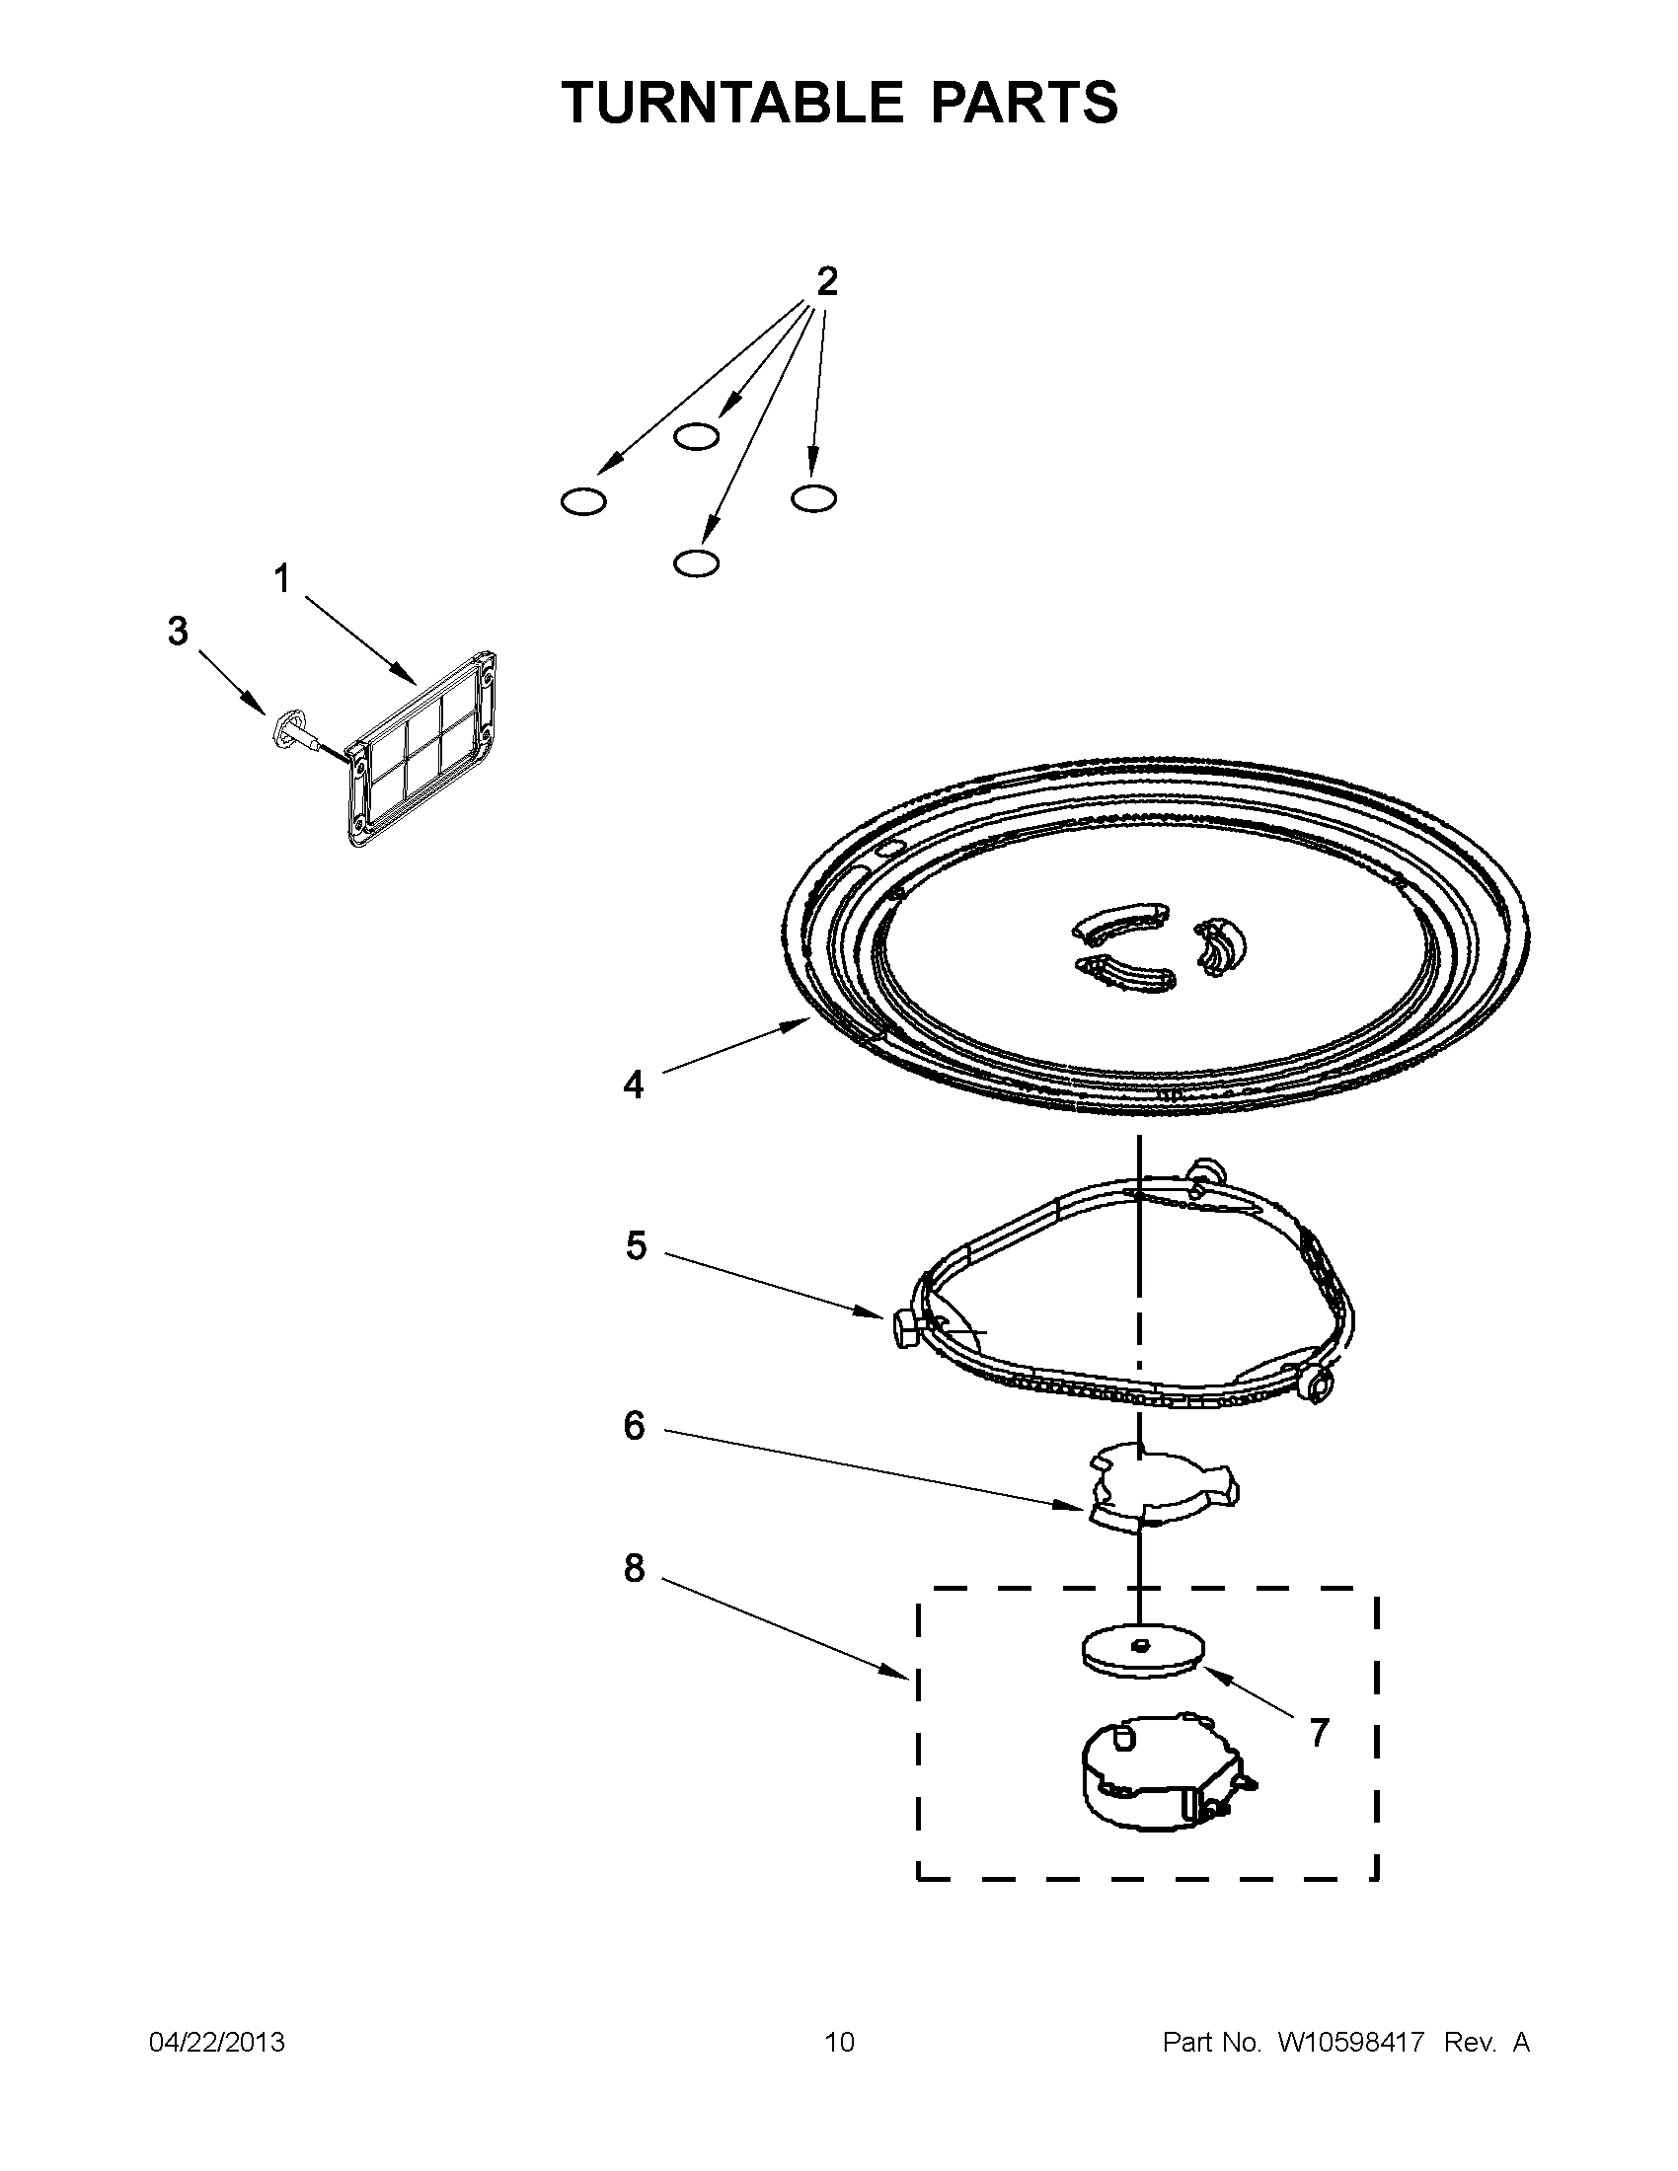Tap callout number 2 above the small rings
click(x=826, y=282)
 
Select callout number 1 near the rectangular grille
click(x=282, y=577)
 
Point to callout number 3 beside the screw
click(x=178, y=631)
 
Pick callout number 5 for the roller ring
click(x=636, y=1245)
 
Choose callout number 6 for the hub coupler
click(x=634, y=1427)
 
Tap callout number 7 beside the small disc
click(x=1318, y=1734)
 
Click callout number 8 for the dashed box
click(x=634, y=1569)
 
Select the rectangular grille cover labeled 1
click(x=422, y=751)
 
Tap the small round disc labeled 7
click(x=1141, y=1651)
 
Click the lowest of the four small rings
click(x=696, y=563)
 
